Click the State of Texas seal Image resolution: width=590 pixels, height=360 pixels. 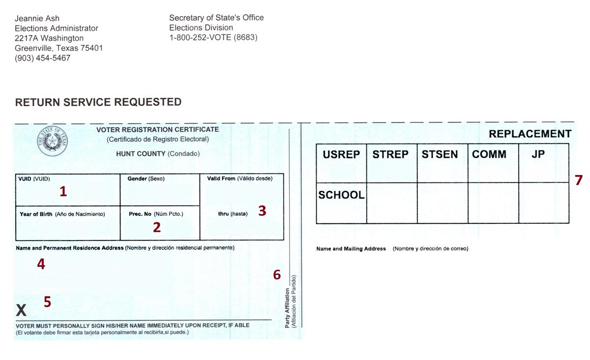click(x=53, y=141)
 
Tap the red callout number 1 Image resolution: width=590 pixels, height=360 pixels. click(x=63, y=191)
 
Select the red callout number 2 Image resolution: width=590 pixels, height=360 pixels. click(x=157, y=227)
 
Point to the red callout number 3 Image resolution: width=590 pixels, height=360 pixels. click(x=262, y=210)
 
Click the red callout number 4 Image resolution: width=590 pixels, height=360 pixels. click(x=41, y=264)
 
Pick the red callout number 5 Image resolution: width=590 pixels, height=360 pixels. click(x=47, y=301)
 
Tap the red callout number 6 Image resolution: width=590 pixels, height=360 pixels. click(x=277, y=275)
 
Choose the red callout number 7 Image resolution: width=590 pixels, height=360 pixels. click(x=578, y=180)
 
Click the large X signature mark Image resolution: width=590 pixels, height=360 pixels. click(x=21, y=310)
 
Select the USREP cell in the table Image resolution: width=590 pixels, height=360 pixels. click(x=341, y=154)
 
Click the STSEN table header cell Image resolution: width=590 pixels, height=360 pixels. click(x=440, y=154)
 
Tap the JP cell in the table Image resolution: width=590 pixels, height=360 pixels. click(x=538, y=154)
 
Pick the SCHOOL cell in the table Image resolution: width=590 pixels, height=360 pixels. click(x=341, y=195)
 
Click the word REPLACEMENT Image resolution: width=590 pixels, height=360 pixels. click(x=530, y=134)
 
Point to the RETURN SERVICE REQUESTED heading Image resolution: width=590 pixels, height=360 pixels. click(x=98, y=102)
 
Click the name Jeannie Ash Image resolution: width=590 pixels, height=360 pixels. click(x=37, y=19)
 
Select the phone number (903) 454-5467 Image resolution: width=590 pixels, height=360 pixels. click(x=42, y=58)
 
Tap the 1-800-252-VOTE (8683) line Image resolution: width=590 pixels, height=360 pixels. click(x=213, y=37)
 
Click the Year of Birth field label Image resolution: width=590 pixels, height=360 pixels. click(x=36, y=214)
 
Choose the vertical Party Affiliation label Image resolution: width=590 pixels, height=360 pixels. click(x=288, y=308)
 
